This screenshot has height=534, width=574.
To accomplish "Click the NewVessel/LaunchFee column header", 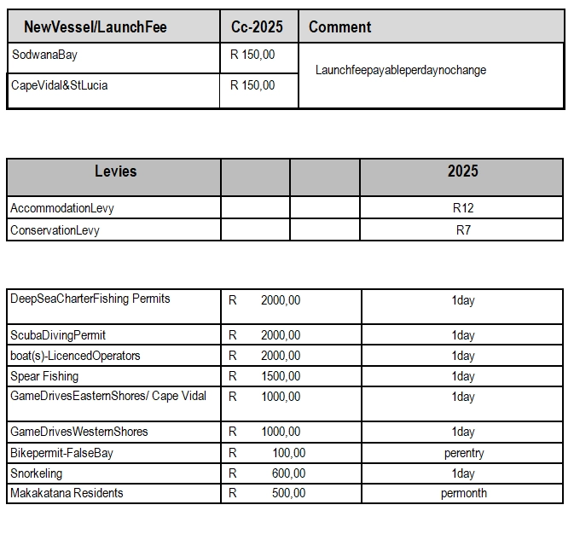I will coord(95,27).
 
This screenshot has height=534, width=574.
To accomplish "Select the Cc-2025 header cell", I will coord(257,27).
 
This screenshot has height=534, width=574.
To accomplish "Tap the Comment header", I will coord(339,27).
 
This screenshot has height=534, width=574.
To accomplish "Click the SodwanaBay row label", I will coord(44,55).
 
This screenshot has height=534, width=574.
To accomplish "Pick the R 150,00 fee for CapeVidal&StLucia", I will coord(252,85).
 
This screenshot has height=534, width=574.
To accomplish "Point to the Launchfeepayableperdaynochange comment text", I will coord(400,70).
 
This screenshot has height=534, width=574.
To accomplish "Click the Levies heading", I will coord(115,171).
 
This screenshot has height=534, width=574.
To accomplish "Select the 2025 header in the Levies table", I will coord(462,171).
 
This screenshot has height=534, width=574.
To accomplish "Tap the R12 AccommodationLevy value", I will coord(463,208).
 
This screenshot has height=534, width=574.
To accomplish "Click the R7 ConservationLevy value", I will coord(463,230).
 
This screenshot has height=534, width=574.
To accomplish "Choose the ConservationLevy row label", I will coord(55,230).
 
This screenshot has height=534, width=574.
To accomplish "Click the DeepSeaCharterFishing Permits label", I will coord(90,299).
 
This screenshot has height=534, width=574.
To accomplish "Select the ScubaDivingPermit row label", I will coord(58,335).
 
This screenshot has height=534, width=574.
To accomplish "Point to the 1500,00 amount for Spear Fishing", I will coord(281,376).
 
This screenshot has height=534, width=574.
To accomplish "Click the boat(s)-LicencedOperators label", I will coord(75,356).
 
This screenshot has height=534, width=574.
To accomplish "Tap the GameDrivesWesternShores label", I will coord(78,432).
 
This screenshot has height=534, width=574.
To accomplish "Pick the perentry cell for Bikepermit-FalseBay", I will coord(463,453).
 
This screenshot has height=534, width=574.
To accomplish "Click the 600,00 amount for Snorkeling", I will coord(288,473).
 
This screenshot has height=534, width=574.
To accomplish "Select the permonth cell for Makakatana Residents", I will coord(463,493).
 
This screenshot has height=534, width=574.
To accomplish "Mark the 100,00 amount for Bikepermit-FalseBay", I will coord(288,453).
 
